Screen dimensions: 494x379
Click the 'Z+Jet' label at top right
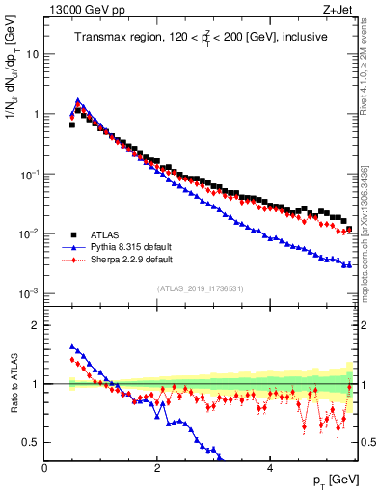(338, 11)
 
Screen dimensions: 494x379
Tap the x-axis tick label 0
(45, 466)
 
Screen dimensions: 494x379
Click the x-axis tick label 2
(157, 466)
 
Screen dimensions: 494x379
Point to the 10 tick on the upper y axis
(33, 54)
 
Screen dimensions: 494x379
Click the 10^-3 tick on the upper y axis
(30, 293)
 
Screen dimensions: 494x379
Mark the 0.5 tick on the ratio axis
(32, 442)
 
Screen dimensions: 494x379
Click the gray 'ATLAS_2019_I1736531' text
(202, 288)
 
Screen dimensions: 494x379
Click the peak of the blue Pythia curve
(78, 99)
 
